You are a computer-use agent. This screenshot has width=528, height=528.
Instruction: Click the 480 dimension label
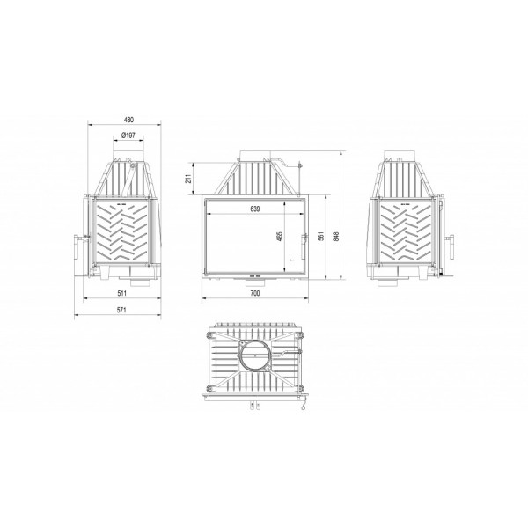(x=128, y=120)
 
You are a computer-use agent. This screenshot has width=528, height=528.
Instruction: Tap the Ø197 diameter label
(x=128, y=136)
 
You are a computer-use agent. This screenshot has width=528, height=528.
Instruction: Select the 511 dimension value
(x=122, y=293)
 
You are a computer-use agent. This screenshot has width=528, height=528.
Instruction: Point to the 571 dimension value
(x=121, y=310)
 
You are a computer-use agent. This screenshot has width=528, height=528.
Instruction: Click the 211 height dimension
(x=189, y=179)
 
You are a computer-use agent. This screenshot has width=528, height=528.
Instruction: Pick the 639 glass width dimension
(x=255, y=209)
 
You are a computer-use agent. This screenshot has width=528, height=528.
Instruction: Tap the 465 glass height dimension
(x=280, y=236)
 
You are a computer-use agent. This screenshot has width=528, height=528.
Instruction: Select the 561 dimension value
(x=321, y=236)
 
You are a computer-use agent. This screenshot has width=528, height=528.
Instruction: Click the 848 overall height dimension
(x=336, y=236)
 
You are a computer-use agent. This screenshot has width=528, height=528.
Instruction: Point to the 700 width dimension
(x=255, y=293)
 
